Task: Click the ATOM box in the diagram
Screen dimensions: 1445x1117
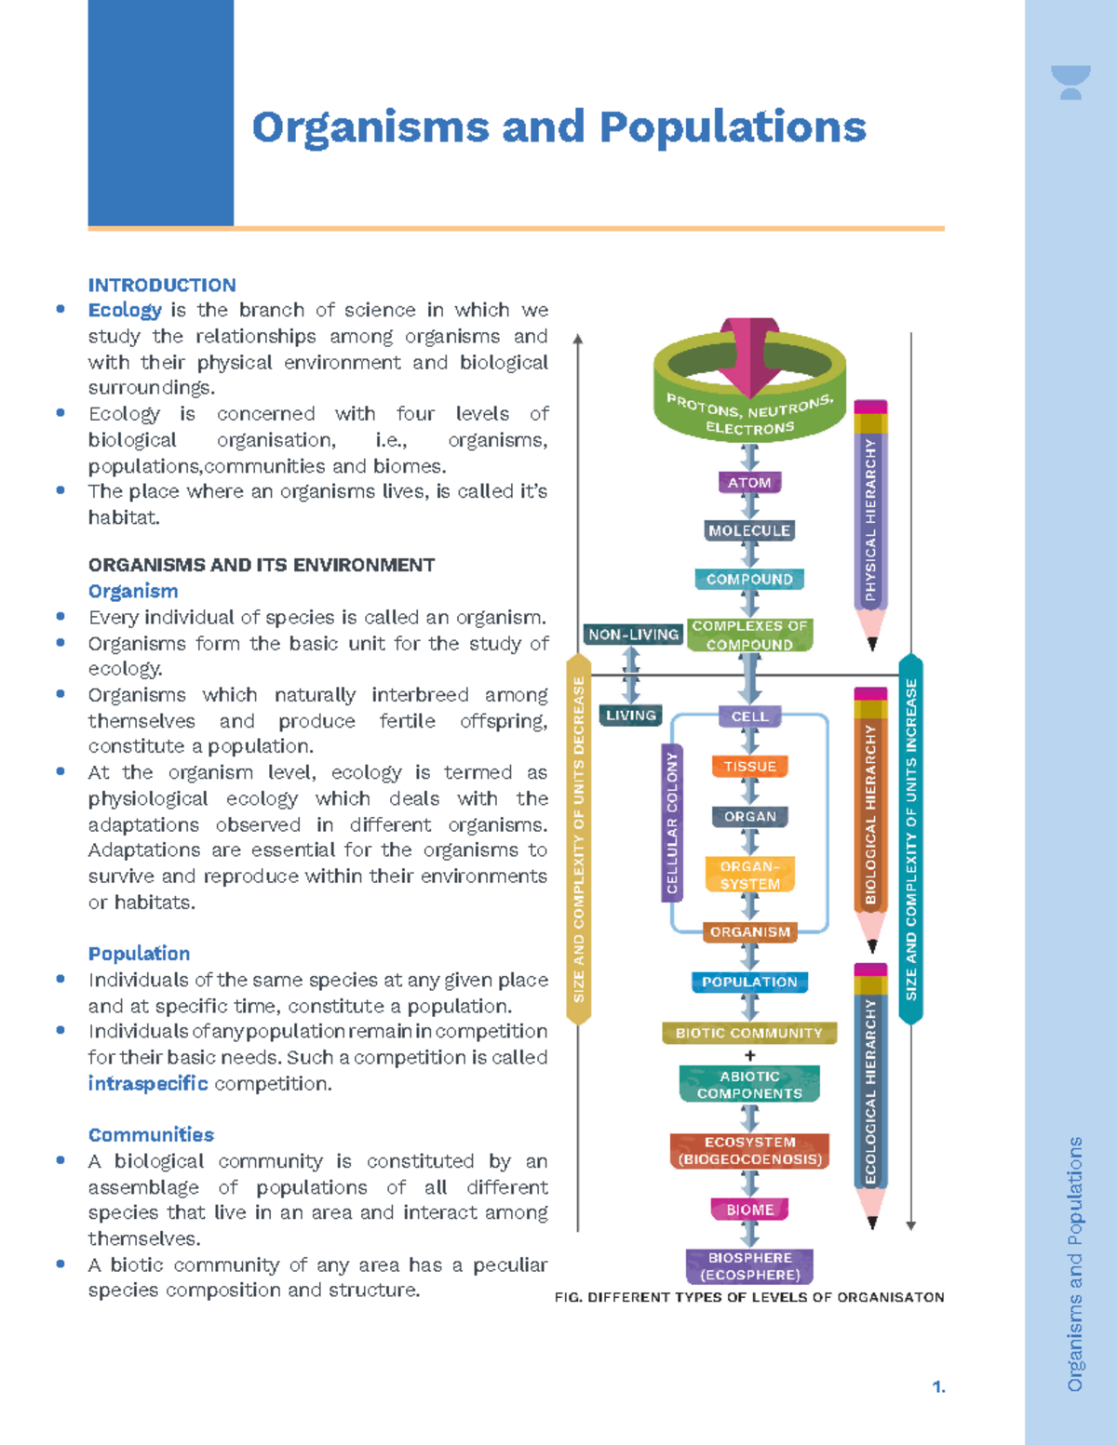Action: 749,482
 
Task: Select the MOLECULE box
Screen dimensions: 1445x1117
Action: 749,530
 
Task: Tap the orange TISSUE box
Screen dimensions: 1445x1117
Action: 749,767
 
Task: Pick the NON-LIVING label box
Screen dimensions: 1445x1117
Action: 633,635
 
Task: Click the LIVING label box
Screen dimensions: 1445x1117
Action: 631,716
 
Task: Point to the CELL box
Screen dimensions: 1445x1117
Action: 749,716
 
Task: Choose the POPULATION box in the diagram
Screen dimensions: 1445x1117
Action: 749,982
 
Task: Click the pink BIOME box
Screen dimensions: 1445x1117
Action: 749,1210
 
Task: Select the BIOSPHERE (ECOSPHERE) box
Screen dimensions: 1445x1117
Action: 749,1266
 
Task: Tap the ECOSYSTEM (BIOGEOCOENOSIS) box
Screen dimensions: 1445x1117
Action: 749,1151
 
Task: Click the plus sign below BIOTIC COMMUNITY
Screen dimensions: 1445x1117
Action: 750,1056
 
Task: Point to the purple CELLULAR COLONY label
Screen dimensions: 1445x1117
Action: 672,823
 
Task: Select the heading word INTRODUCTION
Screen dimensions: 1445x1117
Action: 162,286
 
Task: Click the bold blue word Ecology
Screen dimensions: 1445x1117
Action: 125,310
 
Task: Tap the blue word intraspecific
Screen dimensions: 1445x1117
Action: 148,1083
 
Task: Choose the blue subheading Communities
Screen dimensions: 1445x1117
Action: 151,1135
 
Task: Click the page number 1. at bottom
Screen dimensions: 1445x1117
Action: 938,1387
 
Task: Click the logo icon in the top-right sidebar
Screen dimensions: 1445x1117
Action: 1070,82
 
